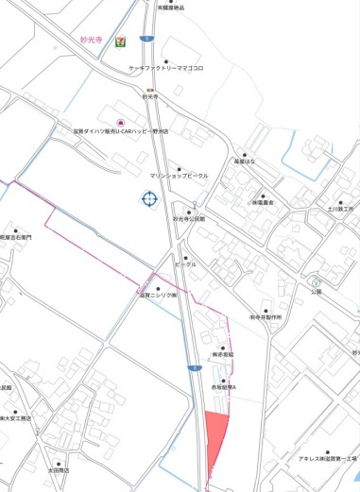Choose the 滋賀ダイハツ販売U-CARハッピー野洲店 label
pyautogui.click(x=116, y=133)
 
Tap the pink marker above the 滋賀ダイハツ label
pyautogui.click(x=119, y=123)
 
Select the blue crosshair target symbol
pyautogui.click(x=149, y=198)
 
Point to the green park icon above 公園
pyautogui.click(x=317, y=282)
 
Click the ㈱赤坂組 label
pyautogui.click(x=221, y=356)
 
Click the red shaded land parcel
pyautogui.click(x=215, y=440)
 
